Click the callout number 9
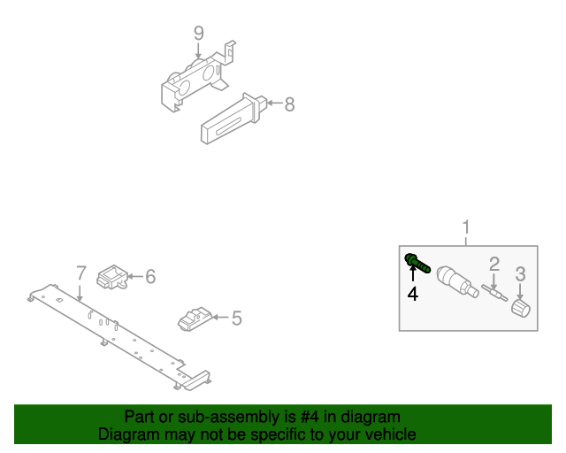point(199,34)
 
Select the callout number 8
point(289,104)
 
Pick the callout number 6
point(149,277)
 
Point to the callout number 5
point(236,317)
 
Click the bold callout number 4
point(412,294)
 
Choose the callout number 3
point(521,273)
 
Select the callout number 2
point(494,263)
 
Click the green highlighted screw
point(417,262)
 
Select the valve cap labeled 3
point(519,308)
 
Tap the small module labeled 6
point(112,276)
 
